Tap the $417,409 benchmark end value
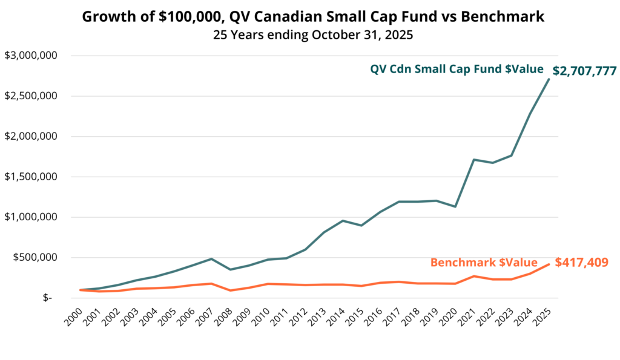pyautogui.click(x=581, y=262)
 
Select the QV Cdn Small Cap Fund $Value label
pyautogui.click(x=457, y=69)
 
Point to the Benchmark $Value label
pyautogui.click(x=484, y=263)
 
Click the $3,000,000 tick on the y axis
pyautogui.click(x=30, y=56)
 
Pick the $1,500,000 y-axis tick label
pyautogui.click(x=30, y=177)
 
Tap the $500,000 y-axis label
pyautogui.click(x=35, y=257)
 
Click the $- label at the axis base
pyautogui.click(x=47, y=298)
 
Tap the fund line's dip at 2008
pyautogui.click(x=230, y=269)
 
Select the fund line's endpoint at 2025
pyautogui.click(x=549, y=79)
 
